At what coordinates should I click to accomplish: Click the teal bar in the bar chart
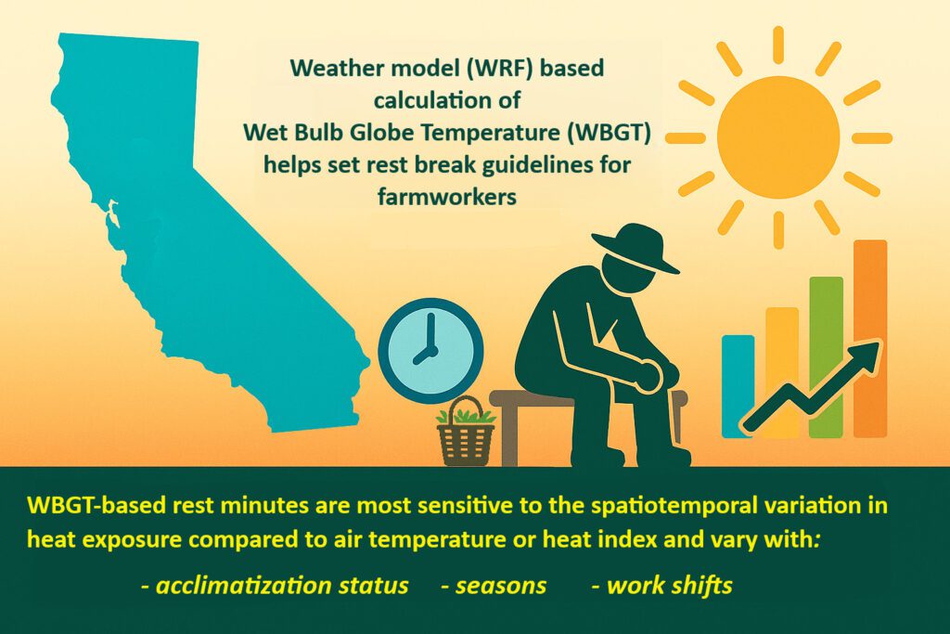tap(738, 386)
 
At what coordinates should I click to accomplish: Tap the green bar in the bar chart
tap(827, 357)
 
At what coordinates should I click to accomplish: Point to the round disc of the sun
tap(778, 137)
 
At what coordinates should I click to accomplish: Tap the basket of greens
tap(466, 432)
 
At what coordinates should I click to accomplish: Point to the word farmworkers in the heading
tap(447, 197)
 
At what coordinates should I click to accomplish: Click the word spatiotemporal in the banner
tap(658, 506)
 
